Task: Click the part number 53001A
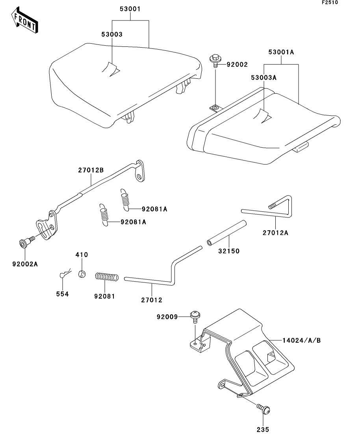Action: tap(282, 52)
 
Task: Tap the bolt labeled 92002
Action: tap(215, 59)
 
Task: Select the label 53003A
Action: tap(264, 78)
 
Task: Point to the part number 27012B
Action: tap(91, 170)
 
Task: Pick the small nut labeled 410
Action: tap(82, 273)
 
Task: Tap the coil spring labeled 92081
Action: tap(106, 277)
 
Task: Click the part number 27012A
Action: tap(275, 233)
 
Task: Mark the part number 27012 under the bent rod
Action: tap(151, 300)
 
